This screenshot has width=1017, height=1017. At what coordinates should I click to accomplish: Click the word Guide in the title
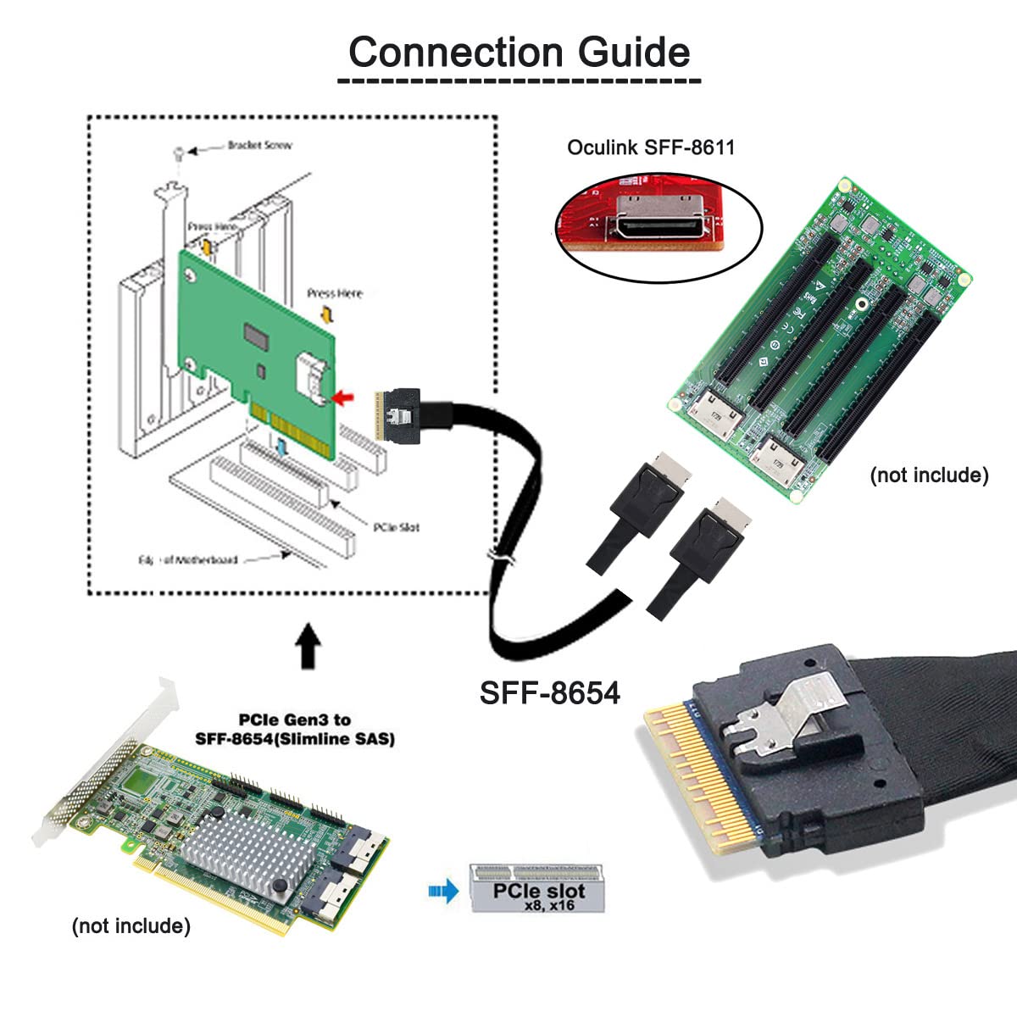pyautogui.click(x=634, y=53)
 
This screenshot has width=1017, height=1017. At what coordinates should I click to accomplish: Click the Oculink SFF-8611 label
pyautogui.click(x=650, y=147)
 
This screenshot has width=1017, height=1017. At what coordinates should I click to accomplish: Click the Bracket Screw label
pyautogui.click(x=258, y=146)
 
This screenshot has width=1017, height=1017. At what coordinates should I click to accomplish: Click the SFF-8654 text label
pyautogui.click(x=550, y=692)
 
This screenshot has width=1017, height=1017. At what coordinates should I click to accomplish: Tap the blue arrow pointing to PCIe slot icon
pyautogui.click(x=443, y=891)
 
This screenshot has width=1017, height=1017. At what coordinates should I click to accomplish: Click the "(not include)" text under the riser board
pyautogui.click(x=929, y=475)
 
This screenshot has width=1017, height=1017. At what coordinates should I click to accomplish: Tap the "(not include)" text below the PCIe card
pyautogui.click(x=131, y=925)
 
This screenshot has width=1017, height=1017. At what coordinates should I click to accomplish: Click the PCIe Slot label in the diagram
pyautogui.click(x=396, y=527)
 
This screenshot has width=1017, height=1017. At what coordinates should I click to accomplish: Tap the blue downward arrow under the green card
pyautogui.click(x=281, y=444)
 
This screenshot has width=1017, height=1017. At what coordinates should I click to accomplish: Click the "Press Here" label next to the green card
pyautogui.click(x=334, y=293)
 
